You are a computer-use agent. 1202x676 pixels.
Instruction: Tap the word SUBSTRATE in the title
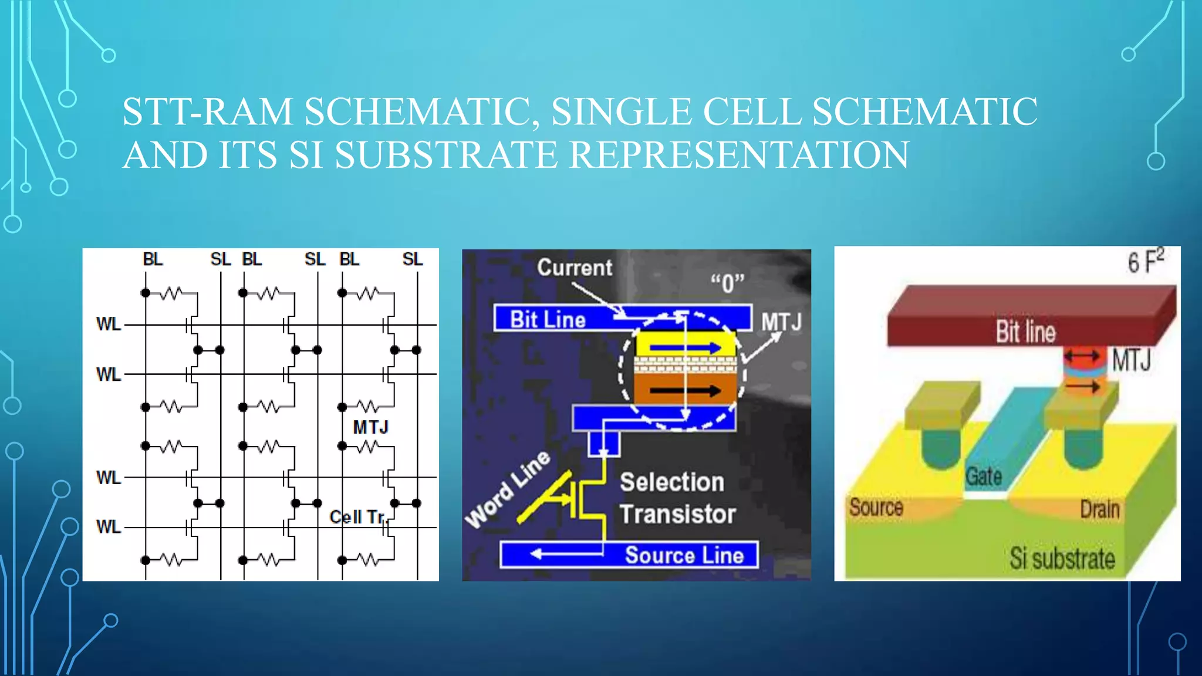pyautogui.click(x=446, y=155)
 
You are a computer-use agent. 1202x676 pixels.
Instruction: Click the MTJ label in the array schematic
pyautogui.click(x=370, y=427)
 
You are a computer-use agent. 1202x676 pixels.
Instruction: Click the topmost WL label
pyautogui.click(x=109, y=324)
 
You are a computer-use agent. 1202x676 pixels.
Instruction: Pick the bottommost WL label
pyautogui.click(x=109, y=527)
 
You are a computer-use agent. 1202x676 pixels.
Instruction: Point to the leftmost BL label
pyautogui.click(x=153, y=259)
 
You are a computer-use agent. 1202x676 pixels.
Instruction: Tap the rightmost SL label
pyautogui.click(x=412, y=259)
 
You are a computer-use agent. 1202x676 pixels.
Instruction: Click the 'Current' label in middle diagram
pyautogui.click(x=575, y=268)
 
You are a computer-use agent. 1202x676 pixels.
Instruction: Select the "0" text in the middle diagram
pyautogui.click(x=727, y=283)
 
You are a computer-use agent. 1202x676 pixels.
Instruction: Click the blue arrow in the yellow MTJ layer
pyautogui.click(x=685, y=348)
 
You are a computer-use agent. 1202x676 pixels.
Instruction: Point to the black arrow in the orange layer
pyautogui.click(x=685, y=391)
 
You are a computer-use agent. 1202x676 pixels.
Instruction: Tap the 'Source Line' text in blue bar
pyautogui.click(x=684, y=555)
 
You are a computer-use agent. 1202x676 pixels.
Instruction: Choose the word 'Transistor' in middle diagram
pyautogui.click(x=678, y=514)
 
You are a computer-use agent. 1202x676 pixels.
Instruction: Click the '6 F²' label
pyautogui.click(x=1145, y=262)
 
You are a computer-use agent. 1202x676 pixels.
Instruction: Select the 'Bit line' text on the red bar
pyautogui.click(x=1025, y=332)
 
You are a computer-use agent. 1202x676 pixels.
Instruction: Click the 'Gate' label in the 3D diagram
pyautogui.click(x=984, y=476)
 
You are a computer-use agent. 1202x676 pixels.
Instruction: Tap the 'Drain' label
pyautogui.click(x=1100, y=509)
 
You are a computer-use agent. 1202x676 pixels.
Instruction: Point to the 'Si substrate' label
pyautogui.click(x=1062, y=558)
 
